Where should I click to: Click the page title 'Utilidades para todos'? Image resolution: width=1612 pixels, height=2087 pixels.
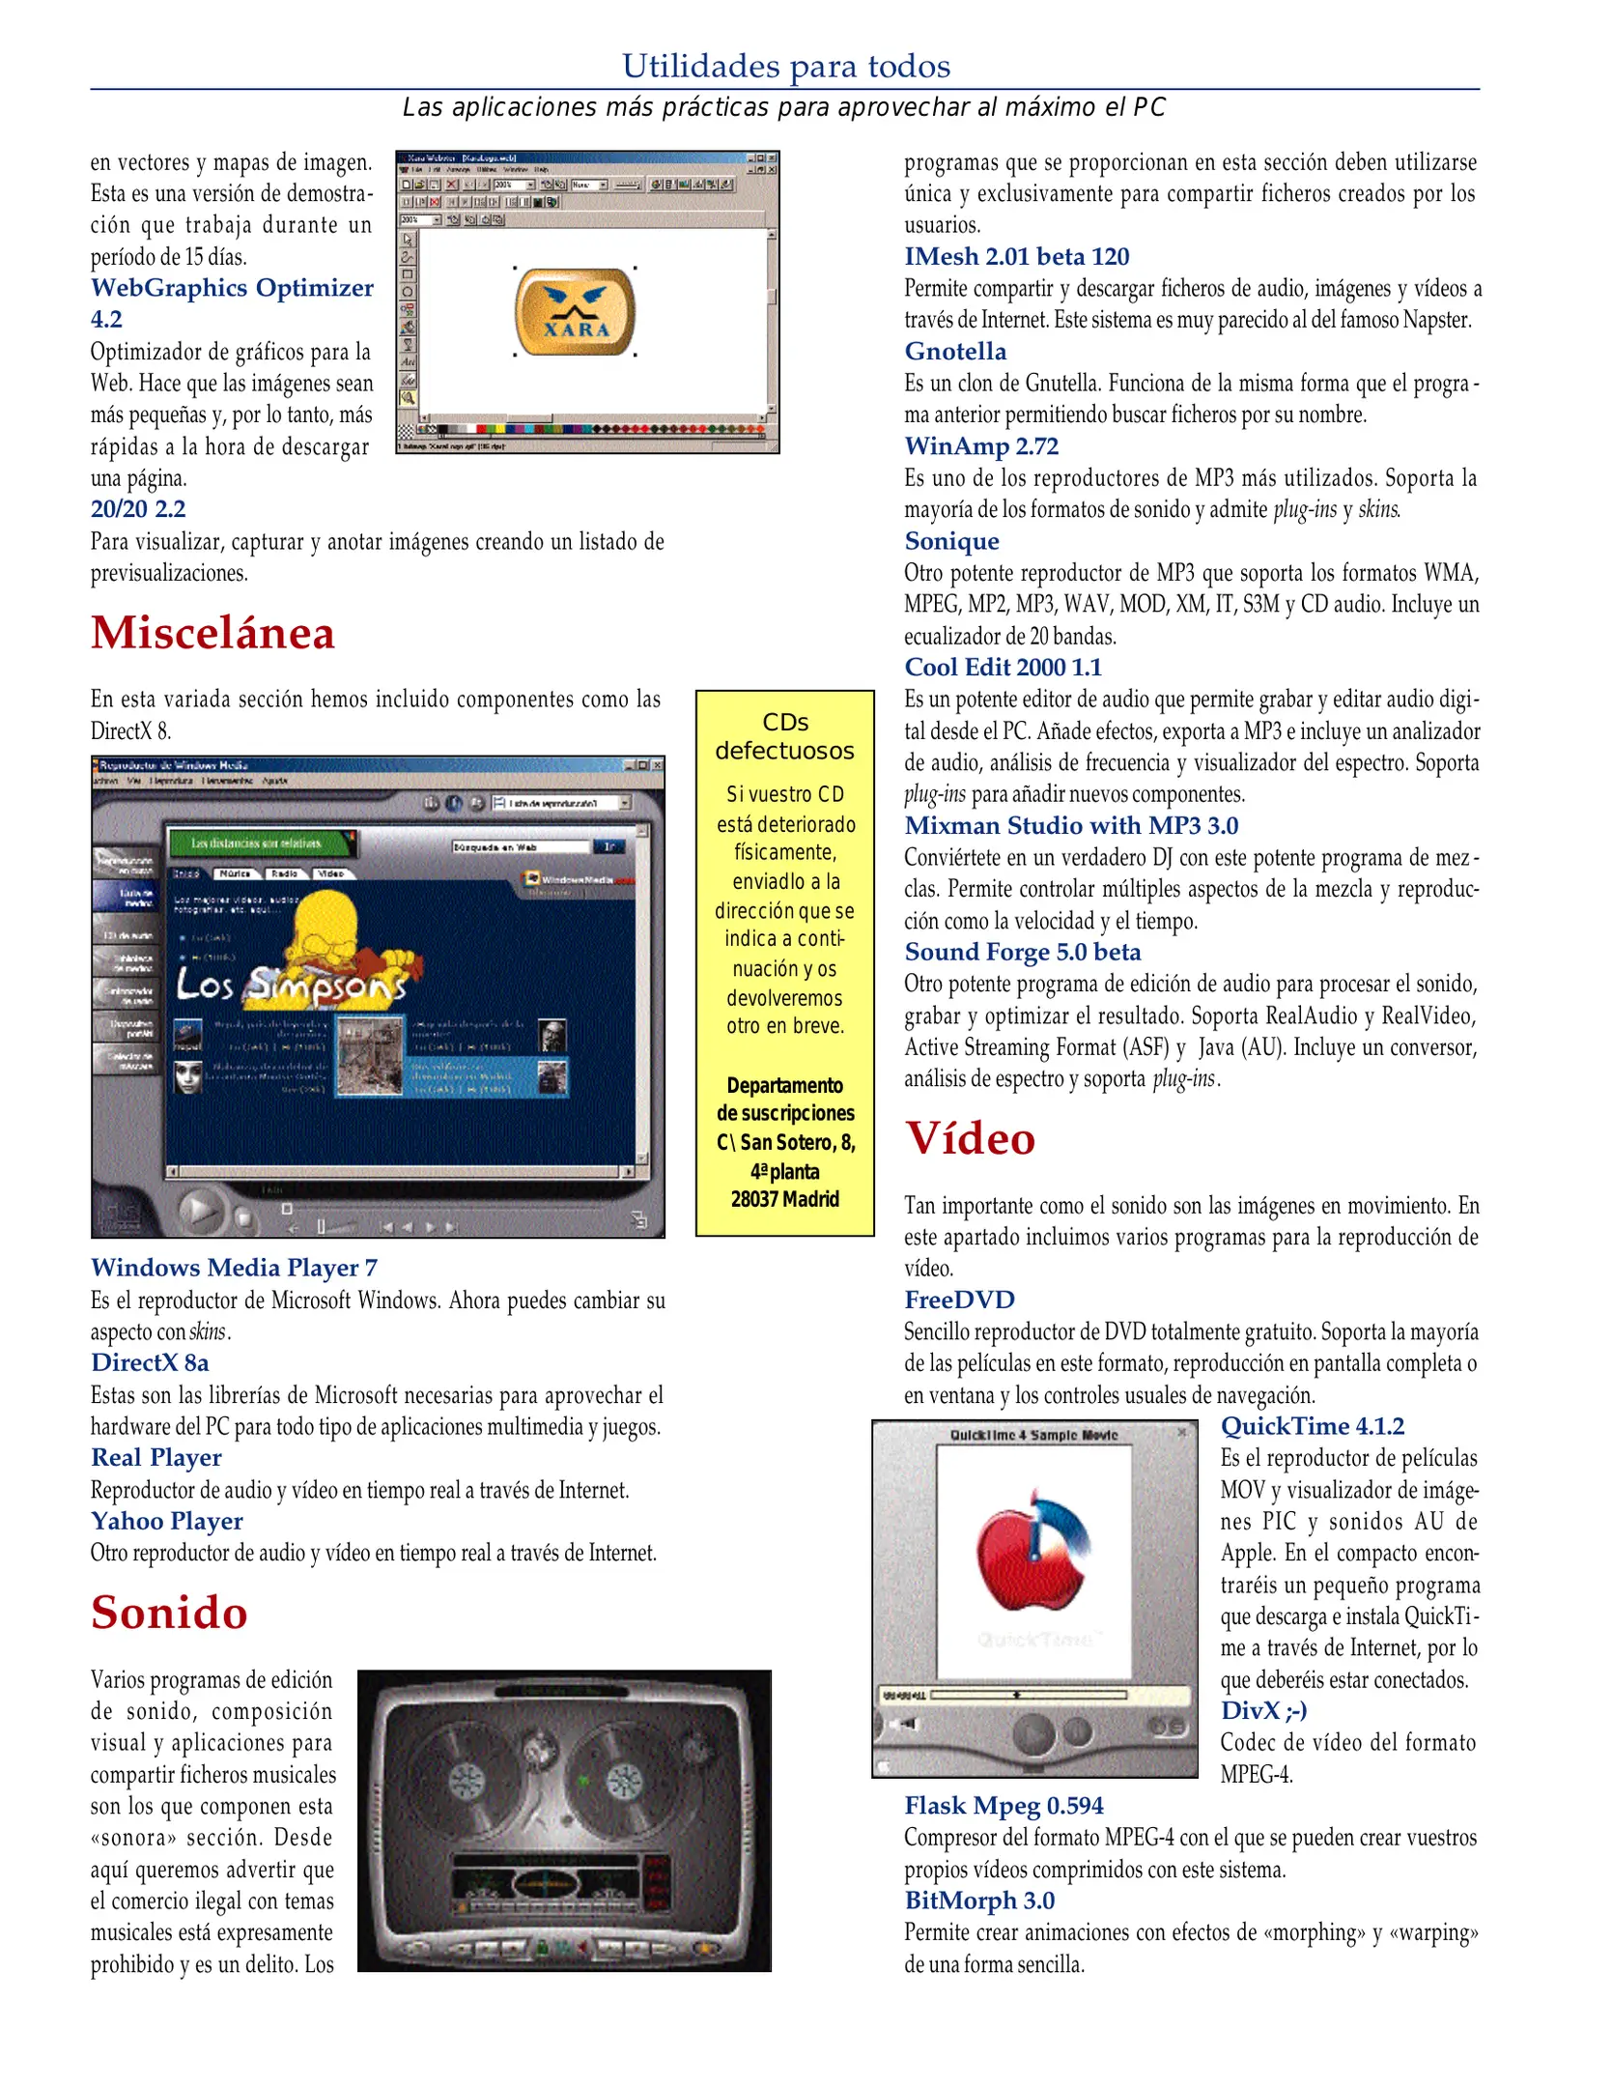click(x=785, y=67)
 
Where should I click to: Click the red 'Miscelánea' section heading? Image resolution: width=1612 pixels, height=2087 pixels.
click(x=212, y=634)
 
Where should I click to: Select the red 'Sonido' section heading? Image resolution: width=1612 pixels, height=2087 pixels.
click(x=169, y=1613)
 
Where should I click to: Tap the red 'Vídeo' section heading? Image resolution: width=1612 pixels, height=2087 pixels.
click(x=970, y=1138)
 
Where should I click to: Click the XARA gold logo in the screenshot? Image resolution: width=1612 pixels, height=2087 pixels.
click(x=576, y=312)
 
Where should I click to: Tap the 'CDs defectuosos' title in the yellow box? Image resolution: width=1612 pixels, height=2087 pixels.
click(x=784, y=736)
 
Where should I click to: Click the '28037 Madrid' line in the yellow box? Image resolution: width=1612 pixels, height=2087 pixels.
click(x=784, y=1199)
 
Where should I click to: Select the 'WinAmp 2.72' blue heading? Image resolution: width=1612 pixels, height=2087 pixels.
click(x=981, y=446)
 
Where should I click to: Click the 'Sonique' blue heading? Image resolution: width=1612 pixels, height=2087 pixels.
click(x=951, y=541)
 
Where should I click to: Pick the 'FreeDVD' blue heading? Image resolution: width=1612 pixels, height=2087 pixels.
click(x=959, y=1300)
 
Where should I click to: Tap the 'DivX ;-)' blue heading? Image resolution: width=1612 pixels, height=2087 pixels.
click(x=1263, y=1710)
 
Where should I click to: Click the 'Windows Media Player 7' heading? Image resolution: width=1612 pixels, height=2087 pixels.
click(x=234, y=1268)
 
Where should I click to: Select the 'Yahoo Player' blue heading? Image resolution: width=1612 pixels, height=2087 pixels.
click(x=167, y=1521)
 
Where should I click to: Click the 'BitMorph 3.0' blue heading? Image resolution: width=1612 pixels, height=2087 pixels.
click(x=979, y=1901)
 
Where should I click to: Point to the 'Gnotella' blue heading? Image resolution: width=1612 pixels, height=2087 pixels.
click(x=955, y=352)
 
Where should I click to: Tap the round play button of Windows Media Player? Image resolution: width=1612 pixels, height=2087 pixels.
click(x=200, y=1211)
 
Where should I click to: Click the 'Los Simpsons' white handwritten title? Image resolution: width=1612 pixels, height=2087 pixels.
click(x=290, y=986)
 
